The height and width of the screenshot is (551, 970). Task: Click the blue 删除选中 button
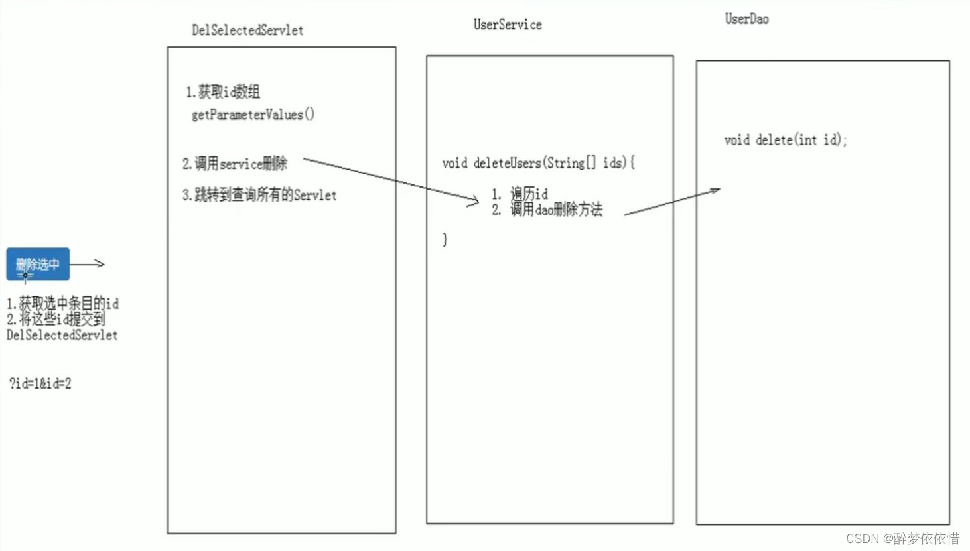click(38, 264)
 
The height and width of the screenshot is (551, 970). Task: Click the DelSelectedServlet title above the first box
click(247, 31)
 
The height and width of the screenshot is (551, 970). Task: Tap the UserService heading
click(508, 25)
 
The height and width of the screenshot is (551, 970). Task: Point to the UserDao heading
click(746, 19)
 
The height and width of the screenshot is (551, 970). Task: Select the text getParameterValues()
click(253, 115)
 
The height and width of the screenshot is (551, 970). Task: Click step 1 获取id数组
click(223, 92)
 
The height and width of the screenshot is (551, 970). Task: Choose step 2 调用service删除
click(235, 164)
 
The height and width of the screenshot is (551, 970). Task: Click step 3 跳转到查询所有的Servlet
click(259, 195)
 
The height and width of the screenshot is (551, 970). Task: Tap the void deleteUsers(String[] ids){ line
click(538, 163)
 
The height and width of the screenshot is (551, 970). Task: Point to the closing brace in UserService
click(445, 239)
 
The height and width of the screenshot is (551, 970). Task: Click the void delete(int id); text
click(786, 140)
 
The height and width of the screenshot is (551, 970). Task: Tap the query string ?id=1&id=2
click(40, 383)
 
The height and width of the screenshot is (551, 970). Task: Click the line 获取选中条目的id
click(63, 304)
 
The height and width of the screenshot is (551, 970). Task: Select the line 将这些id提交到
click(56, 320)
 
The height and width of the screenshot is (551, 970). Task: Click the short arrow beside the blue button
click(88, 264)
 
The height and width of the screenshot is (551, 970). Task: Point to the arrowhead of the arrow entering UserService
click(474, 200)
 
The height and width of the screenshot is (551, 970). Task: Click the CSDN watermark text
click(902, 538)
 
